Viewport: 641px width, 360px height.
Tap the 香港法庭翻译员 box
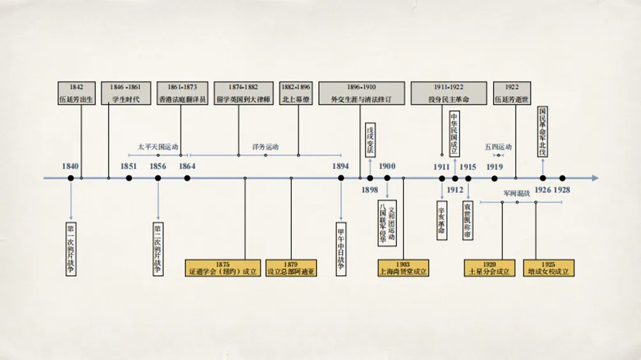tap(183, 93)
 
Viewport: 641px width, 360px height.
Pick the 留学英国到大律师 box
tap(245, 93)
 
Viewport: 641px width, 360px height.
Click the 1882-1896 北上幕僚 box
tap(296, 93)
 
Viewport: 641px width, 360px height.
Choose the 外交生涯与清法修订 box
tap(361, 93)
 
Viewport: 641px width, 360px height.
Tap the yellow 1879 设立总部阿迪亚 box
tap(291, 268)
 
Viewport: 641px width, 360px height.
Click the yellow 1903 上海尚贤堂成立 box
tap(403, 268)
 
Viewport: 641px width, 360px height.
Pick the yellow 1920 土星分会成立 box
tap(490, 268)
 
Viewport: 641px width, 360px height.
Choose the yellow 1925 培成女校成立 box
tap(549, 268)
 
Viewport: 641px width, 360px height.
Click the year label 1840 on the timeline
tap(71, 167)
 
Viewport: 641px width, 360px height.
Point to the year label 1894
tap(340, 167)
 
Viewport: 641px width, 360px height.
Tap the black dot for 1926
tap(543, 178)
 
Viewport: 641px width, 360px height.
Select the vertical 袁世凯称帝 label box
tap(468, 220)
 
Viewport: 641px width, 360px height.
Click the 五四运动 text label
tap(498, 147)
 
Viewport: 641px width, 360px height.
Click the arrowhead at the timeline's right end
tap(594, 178)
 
